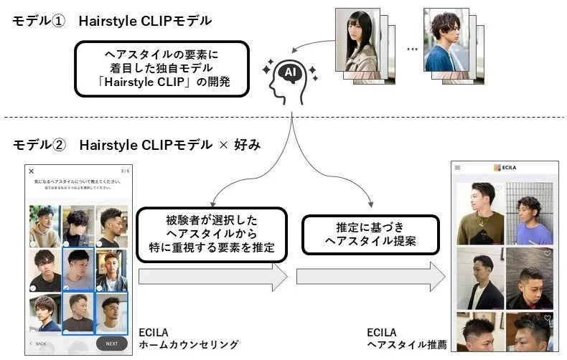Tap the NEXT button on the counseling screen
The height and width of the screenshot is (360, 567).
(111, 343)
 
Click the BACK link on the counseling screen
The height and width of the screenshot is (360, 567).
(39, 344)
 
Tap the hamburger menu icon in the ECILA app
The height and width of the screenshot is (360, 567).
(457, 167)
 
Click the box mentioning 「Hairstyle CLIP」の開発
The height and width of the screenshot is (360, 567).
(162, 69)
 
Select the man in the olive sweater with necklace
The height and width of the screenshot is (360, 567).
(480, 213)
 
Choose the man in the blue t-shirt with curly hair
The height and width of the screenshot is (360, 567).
(530, 213)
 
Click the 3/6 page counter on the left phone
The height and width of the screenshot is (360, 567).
(123, 171)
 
